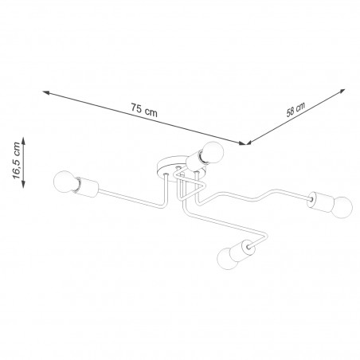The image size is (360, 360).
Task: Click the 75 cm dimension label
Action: (x=144, y=110)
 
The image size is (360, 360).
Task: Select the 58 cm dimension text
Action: (x=295, y=109)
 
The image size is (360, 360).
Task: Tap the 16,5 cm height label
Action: (x=16, y=161)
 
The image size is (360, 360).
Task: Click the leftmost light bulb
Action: (x=65, y=182)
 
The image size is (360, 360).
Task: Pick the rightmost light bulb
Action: (x=342, y=207)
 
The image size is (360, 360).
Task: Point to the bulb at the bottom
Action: (x=227, y=258)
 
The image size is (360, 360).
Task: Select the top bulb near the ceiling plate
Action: (x=212, y=152)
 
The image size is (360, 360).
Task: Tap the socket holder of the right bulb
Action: (x=319, y=202)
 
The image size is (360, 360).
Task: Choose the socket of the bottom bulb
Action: (x=242, y=250)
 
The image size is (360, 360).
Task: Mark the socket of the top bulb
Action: (x=196, y=162)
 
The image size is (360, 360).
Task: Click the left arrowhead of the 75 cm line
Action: (x=46, y=92)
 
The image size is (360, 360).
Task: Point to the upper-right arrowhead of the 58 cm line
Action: (x=342, y=92)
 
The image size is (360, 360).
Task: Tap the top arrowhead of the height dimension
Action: (x=23, y=141)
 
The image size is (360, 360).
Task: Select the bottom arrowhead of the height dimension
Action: (x=23, y=184)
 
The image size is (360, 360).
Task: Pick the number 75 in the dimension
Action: (x=136, y=108)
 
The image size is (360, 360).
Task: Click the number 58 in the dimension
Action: (x=291, y=112)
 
